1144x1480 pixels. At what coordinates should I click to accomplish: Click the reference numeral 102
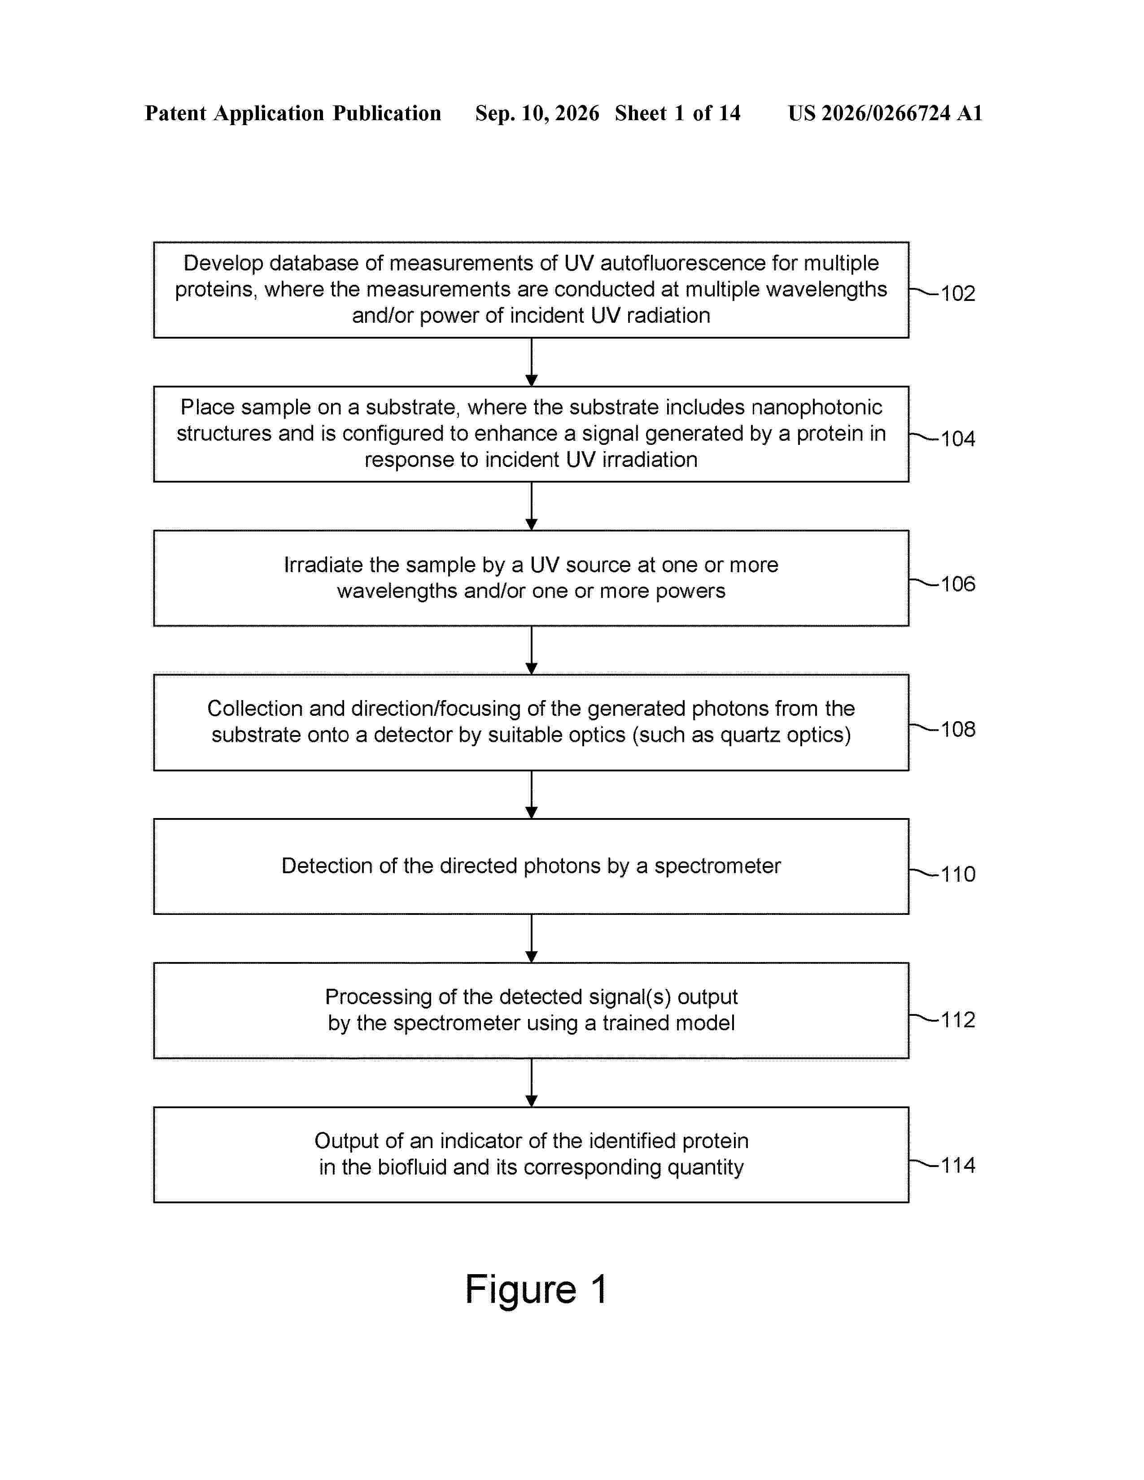click(958, 293)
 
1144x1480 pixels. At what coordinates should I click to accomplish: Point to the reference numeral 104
click(958, 439)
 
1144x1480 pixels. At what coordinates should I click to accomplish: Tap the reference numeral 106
click(958, 583)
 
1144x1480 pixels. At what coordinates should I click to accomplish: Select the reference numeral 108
click(958, 729)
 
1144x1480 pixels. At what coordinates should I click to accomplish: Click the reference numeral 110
click(958, 874)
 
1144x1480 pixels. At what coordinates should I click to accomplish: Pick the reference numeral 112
click(958, 1020)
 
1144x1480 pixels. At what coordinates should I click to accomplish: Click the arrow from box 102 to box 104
click(531, 362)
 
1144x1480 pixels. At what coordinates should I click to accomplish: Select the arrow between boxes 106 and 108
click(531, 650)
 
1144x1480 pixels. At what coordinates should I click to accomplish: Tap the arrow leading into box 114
click(531, 1082)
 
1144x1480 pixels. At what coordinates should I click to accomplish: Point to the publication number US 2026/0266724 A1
click(885, 113)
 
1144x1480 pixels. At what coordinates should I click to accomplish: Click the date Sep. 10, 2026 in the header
click(537, 113)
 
